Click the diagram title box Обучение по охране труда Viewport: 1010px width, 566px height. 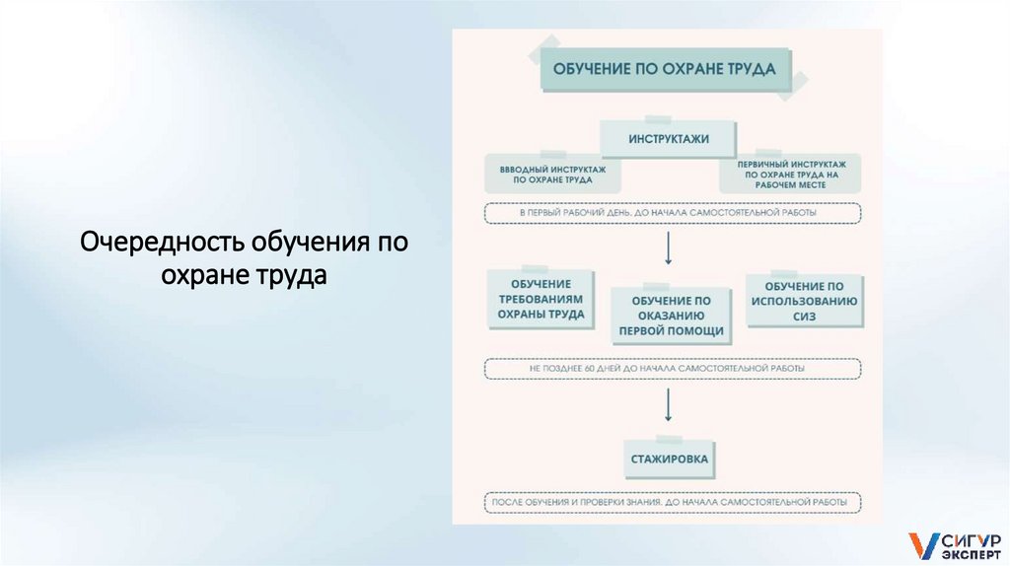pyautogui.click(x=665, y=70)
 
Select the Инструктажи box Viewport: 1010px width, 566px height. pyautogui.click(x=668, y=139)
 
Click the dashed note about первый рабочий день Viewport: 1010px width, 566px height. pyautogui.click(x=672, y=212)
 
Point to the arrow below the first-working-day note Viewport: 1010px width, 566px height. pyautogui.click(x=668, y=248)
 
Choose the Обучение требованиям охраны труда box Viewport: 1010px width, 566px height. pyautogui.click(x=541, y=299)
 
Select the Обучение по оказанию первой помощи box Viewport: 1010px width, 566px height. pyautogui.click(x=671, y=316)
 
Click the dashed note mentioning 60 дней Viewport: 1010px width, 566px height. pyautogui.click(x=672, y=369)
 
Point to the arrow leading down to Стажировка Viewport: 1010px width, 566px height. pyautogui.click(x=668, y=405)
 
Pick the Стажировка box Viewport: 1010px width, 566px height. pyautogui.click(x=670, y=460)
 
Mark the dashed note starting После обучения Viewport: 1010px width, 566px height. pyautogui.click(x=672, y=502)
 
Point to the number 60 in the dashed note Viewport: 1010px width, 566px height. pyautogui.click(x=590, y=369)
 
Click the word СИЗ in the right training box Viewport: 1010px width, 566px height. pyautogui.click(x=804, y=318)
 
